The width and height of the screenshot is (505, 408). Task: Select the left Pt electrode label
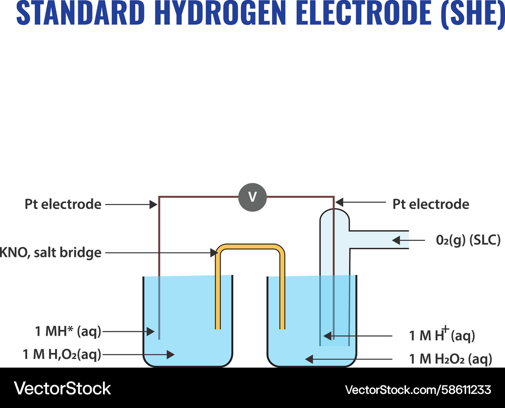coord(63,205)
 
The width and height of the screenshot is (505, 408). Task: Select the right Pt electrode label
coord(431,205)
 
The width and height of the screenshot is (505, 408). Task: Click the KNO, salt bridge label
coord(50,252)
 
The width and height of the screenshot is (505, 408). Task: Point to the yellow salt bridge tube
coord(250,247)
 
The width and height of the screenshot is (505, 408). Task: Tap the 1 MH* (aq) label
coord(68,332)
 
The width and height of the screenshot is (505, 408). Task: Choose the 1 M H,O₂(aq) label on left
coord(62,354)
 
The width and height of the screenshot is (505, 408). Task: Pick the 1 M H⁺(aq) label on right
coord(442,335)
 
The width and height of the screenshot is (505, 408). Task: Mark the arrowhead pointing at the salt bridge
coord(213,252)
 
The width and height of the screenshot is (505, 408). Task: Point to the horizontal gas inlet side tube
coord(379,240)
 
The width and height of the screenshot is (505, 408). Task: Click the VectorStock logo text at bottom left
coord(63,388)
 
